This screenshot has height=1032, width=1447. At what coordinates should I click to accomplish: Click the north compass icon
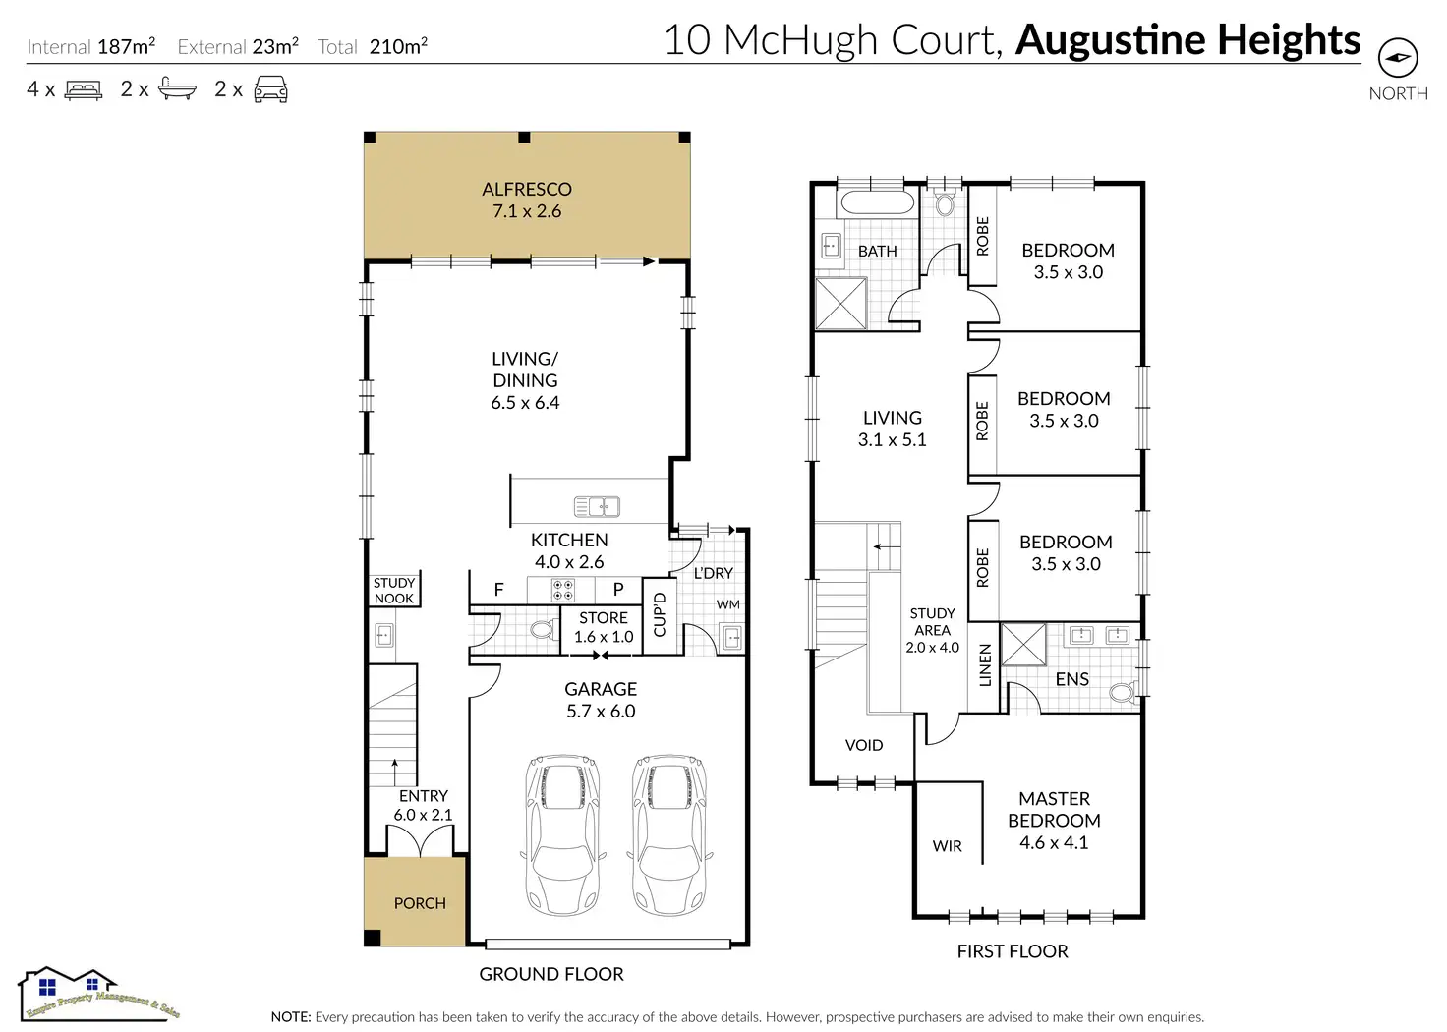coord(1398,58)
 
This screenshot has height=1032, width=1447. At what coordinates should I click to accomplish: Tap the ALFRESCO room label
coord(527,190)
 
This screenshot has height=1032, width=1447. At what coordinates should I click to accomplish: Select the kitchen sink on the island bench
coord(597,507)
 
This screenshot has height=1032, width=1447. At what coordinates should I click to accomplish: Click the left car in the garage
coord(562,834)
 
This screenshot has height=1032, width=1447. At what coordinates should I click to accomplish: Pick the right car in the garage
coord(668,834)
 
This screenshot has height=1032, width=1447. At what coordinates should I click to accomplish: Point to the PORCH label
coord(420,903)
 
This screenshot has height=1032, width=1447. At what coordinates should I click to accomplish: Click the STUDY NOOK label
coord(394,591)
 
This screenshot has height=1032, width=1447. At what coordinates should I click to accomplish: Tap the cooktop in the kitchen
coord(562,590)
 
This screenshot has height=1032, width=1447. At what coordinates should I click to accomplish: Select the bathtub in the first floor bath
coord(877,203)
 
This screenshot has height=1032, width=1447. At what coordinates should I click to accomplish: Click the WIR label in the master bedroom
coord(948,846)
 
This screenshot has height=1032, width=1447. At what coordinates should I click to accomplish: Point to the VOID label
coord(864,745)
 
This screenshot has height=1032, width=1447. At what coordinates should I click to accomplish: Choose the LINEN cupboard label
coord(985,664)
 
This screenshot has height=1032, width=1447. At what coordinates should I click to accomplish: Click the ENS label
coord(1071,679)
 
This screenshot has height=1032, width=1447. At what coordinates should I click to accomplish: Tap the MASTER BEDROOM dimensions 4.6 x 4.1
coord(1054,843)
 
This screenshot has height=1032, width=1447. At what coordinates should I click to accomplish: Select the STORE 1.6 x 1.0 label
coord(604,627)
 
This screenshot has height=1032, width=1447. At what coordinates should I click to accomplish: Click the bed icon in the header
coord(84,90)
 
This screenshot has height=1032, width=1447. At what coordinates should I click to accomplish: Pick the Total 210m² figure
coord(373,46)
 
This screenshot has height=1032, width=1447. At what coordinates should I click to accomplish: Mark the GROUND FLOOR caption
coord(551,974)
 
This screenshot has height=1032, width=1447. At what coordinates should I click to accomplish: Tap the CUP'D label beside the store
coord(660,614)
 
